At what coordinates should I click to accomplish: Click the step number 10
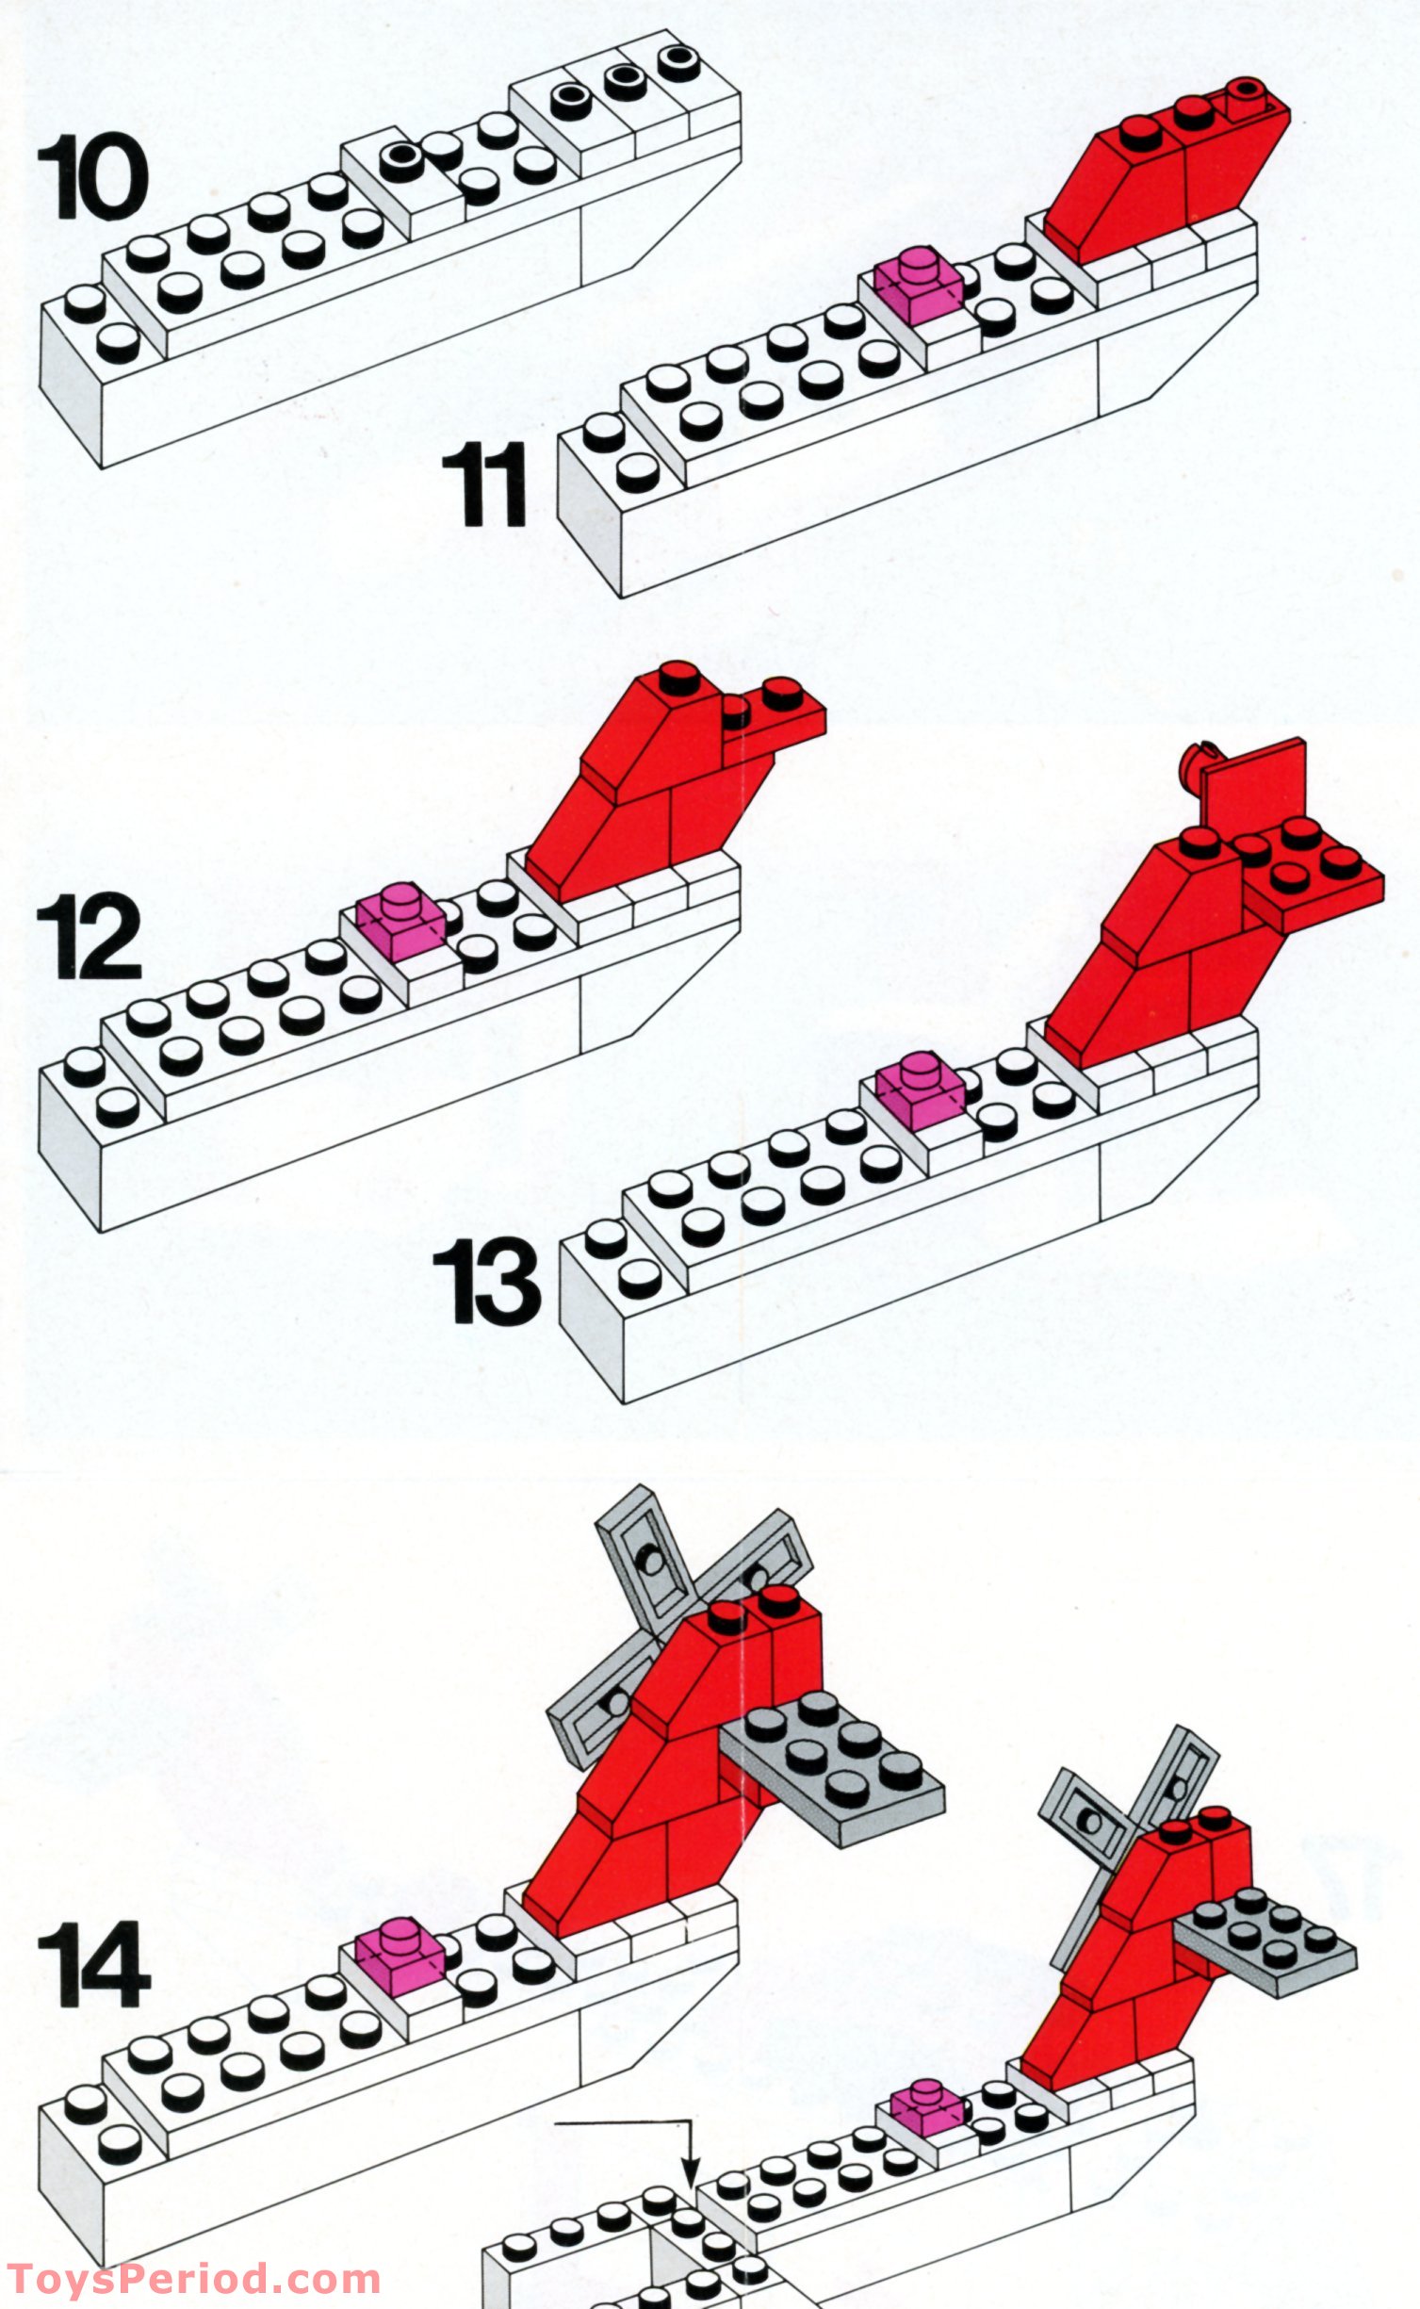pos(92,177)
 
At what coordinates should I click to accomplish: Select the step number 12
pos(90,937)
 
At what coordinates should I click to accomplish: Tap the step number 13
pos(486,1282)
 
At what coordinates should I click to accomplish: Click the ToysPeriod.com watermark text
pos(193,2280)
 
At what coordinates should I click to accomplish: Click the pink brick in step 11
pos(917,286)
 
